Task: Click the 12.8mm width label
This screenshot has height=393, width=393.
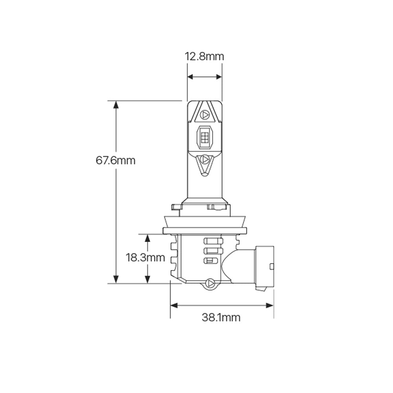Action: pos(204,57)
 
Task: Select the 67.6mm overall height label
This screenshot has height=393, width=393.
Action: pos(116,160)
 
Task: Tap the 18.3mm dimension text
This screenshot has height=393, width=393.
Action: pos(145,258)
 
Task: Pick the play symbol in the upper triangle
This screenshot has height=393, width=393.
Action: pos(204,115)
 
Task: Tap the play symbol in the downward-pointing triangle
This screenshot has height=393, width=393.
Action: pos(204,160)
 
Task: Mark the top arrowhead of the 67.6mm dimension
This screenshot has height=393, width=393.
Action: pos(116,105)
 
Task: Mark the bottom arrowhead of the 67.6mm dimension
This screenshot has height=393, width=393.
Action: pos(116,279)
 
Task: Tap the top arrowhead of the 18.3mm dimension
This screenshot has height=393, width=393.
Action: pos(147,238)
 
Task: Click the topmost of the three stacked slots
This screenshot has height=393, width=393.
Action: pos(213,241)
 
